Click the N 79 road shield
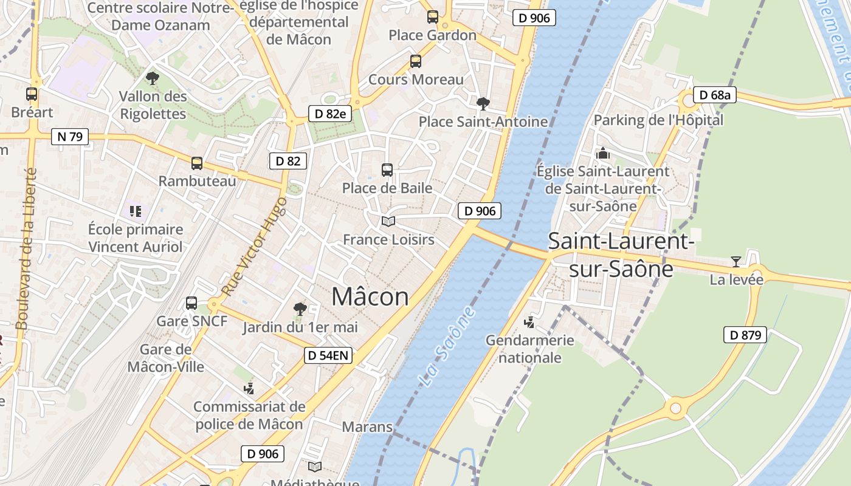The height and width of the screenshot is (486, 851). [x=70, y=137]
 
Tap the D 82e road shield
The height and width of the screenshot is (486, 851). [x=331, y=114]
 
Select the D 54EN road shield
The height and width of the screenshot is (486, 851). [x=328, y=356]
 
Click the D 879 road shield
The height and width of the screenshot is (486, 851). [x=745, y=335]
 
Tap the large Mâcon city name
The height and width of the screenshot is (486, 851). [x=370, y=296]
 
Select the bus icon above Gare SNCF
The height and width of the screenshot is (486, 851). [x=191, y=303]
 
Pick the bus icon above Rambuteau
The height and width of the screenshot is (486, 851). [x=197, y=163]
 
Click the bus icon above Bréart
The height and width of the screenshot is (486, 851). [x=32, y=94]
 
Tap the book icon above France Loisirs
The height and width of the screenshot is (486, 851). [x=388, y=221]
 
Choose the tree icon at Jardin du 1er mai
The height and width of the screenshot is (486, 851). [x=300, y=309]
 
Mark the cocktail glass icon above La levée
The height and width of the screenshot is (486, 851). [x=736, y=262]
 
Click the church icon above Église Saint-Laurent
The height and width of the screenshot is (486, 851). [x=603, y=153]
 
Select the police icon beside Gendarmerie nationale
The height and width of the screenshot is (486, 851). [x=529, y=322]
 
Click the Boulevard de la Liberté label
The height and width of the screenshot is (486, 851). [x=27, y=249]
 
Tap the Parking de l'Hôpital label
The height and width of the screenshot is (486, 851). [x=658, y=120]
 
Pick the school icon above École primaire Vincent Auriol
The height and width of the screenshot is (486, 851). [x=135, y=211]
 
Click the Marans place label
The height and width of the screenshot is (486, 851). [x=367, y=426]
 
